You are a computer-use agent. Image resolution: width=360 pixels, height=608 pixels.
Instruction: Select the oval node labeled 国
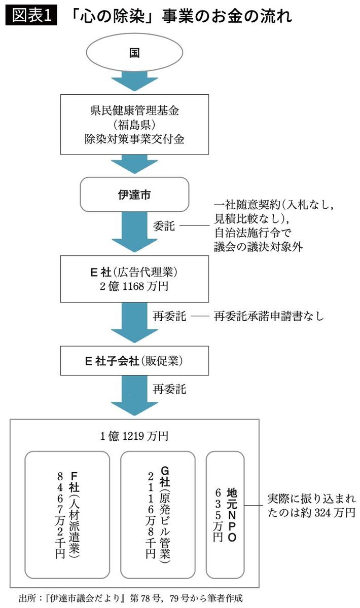pyautogui.click(x=135, y=54)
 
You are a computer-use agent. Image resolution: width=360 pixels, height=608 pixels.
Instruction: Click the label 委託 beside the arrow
pyautogui.click(x=164, y=226)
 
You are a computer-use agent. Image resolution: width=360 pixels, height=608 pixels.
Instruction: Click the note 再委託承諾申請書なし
pyautogui.click(x=269, y=316)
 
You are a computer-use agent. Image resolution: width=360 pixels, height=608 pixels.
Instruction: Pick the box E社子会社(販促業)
pyautogui.click(x=134, y=362)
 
